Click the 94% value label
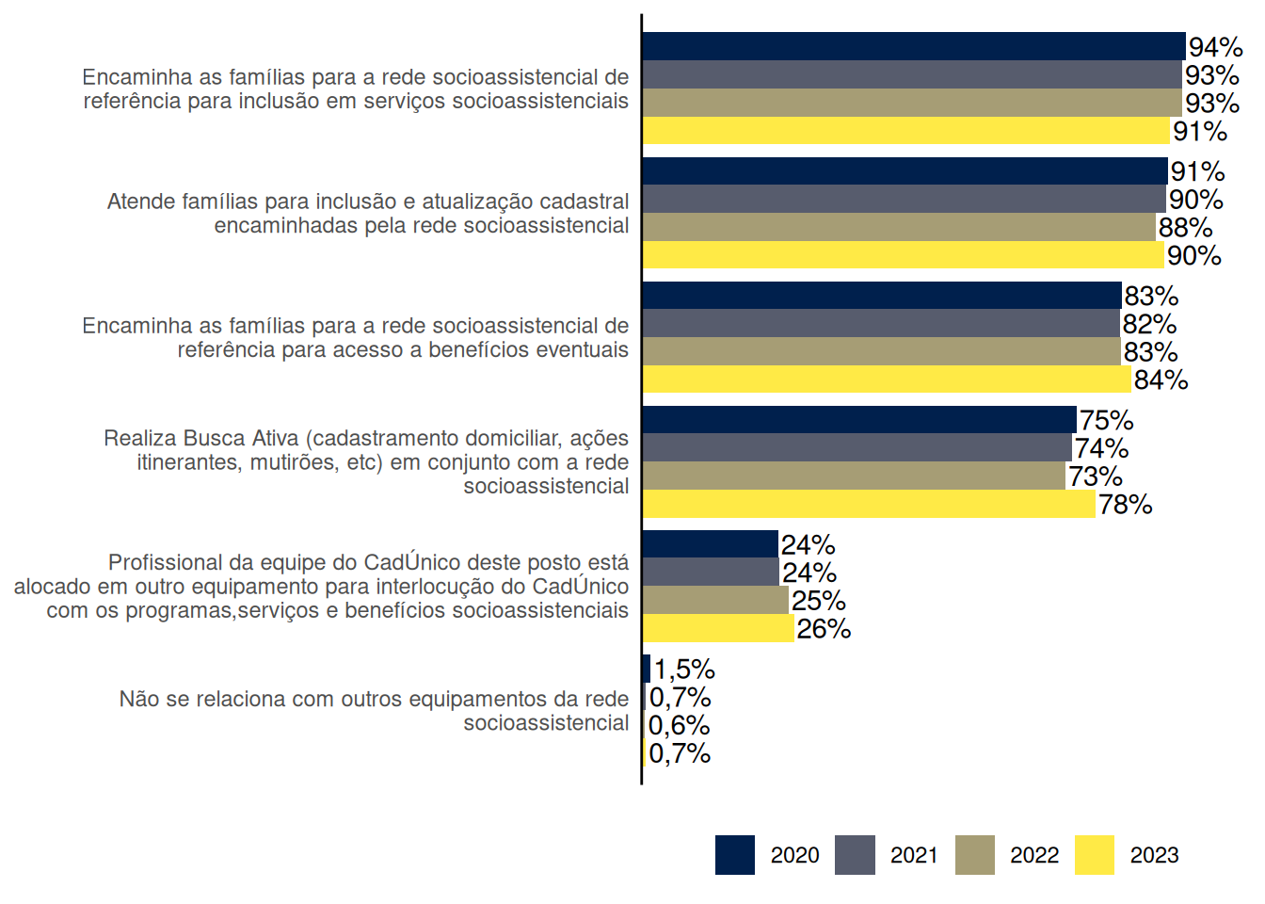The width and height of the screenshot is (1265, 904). (x=1215, y=47)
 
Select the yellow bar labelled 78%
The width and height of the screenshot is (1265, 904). (x=869, y=504)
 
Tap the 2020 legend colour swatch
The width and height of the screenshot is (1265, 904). (x=734, y=855)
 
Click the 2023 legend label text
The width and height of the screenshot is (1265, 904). (x=1154, y=855)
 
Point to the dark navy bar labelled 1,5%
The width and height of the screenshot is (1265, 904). (x=647, y=669)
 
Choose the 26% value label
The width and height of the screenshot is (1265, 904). (x=824, y=629)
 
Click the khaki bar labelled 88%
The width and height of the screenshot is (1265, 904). (x=899, y=227)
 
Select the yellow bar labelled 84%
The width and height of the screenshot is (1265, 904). (x=887, y=379)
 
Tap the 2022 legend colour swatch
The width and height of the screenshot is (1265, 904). (x=974, y=855)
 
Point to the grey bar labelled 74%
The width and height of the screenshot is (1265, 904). (x=857, y=447)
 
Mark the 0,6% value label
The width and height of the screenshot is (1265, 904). (x=679, y=725)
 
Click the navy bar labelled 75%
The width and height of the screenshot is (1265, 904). (x=859, y=420)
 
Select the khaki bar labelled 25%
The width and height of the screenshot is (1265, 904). (x=715, y=600)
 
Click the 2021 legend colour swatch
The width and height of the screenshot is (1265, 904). (x=855, y=855)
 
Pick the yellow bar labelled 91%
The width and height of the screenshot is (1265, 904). (x=906, y=131)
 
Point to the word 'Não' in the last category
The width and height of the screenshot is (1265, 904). (x=139, y=699)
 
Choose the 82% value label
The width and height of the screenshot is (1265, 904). (x=1149, y=324)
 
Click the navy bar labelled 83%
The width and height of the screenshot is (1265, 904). (x=882, y=296)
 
